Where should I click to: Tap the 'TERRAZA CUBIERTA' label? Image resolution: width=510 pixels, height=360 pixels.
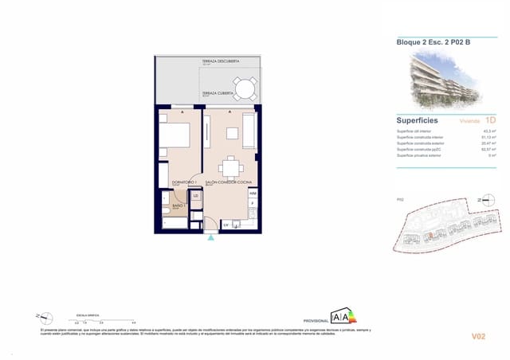pyautogui.click(x=218, y=93)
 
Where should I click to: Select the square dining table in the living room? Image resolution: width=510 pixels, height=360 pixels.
pyautogui.click(x=231, y=166)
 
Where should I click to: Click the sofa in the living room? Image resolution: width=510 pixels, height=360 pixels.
pyautogui.click(x=249, y=131)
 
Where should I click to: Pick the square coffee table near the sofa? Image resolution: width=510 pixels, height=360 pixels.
pyautogui.click(x=232, y=133)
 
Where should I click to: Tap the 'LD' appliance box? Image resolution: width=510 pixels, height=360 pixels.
pyautogui.click(x=195, y=195)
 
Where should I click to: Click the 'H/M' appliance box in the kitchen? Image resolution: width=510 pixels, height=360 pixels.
pyautogui.click(x=253, y=194)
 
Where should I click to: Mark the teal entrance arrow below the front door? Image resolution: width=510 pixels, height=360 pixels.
pyautogui.click(x=210, y=236)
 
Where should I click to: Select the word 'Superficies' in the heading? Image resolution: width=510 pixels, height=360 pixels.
pyautogui.click(x=417, y=120)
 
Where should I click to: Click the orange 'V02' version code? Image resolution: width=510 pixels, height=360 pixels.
pyautogui.click(x=478, y=337)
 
